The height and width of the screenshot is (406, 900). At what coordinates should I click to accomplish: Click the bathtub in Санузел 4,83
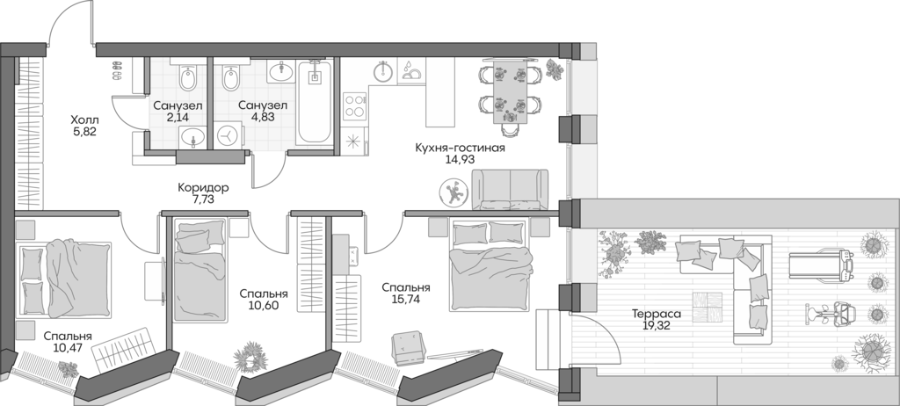click(313, 104)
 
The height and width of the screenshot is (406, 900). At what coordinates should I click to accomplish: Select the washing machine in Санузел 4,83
click(229, 136)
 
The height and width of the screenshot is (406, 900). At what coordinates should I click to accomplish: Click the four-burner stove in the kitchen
click(355, 105)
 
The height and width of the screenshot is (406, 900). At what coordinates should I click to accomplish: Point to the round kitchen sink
click(383, 71)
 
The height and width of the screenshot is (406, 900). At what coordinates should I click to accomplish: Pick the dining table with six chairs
click(506, 91)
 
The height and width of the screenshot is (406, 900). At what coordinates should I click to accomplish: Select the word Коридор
click(203, 187)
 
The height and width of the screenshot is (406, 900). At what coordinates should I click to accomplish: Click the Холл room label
click(85, 120)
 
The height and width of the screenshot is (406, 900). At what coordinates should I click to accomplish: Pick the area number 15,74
click(405, 301)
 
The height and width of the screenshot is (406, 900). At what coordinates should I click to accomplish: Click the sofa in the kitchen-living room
click(509, 191)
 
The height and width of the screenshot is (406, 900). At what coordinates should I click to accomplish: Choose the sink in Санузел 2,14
click(192, 137)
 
